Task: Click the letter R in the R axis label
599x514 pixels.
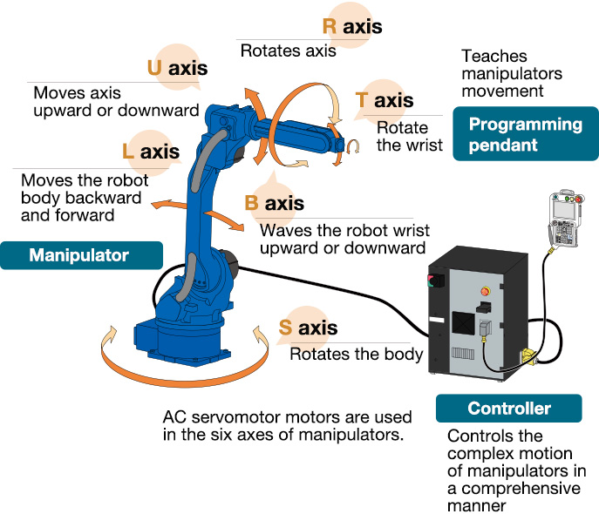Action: (330, 26)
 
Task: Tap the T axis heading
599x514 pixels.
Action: (385, 100)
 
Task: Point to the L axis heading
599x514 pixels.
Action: (151, 152)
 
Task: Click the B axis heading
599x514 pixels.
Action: (274, 204)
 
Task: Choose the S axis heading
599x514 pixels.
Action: (308, 328)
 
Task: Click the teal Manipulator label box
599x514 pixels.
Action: (79, 255)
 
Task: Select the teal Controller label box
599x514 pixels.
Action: (509, 408)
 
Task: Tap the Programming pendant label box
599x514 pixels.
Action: (525, 134)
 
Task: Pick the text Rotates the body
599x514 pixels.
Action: (356, 355)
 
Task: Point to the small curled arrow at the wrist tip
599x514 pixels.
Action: (353, 149)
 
